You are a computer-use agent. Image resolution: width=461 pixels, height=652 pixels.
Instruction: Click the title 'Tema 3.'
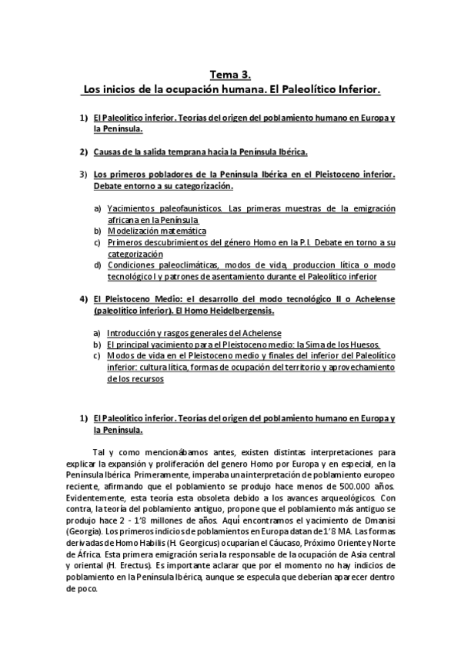click(230, 75)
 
